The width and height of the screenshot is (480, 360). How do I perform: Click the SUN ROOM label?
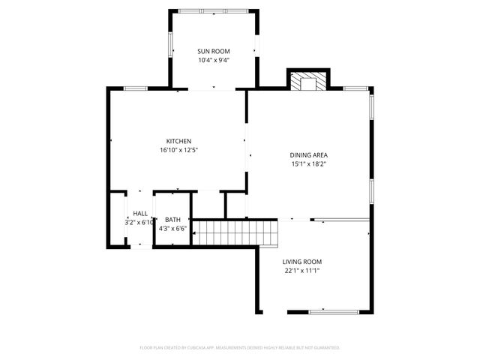[214, 51]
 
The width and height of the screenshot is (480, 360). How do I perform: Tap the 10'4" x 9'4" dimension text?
[214, 60]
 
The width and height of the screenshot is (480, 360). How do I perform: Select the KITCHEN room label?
[178, 141]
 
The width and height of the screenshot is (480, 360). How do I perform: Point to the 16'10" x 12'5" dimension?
[178, 150]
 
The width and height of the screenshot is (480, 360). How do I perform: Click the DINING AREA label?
[308, 154]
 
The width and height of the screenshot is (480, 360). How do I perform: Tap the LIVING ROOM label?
[301, 262]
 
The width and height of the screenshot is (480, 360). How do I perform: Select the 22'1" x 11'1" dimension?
[301, 271]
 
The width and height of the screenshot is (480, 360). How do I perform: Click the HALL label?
[140, 214]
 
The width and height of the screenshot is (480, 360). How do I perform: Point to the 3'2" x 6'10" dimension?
[140, 223]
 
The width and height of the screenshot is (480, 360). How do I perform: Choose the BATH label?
[172, 220]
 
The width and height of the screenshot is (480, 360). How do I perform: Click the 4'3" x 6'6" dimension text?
[172, 229]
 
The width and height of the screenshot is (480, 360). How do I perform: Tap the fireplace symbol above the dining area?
[308, 81]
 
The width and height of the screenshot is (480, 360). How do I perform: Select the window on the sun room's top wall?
[214, 11]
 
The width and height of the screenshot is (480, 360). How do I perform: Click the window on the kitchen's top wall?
[135, 88]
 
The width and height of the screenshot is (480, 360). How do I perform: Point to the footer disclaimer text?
[240, 348]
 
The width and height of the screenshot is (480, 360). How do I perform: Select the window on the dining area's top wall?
[355, 88]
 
